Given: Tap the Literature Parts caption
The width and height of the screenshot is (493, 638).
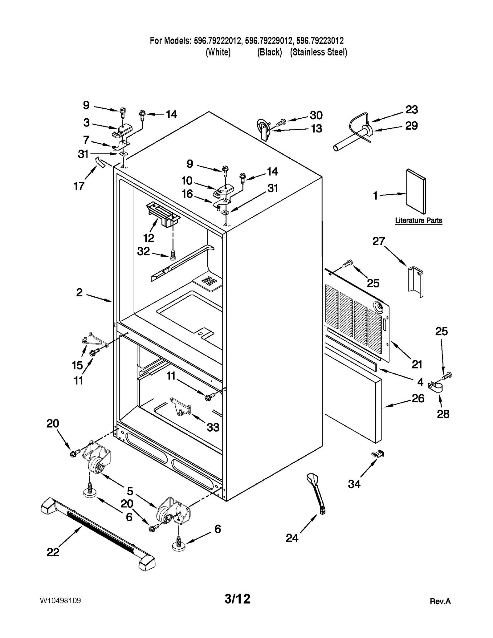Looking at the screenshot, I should [x=418, y=220].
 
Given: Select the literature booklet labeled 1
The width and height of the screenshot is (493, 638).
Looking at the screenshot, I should [x=416, y=191].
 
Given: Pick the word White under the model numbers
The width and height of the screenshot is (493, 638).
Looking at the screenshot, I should [x=218, y=52].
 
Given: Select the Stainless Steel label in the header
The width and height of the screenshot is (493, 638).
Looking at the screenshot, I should [x=319, y=52].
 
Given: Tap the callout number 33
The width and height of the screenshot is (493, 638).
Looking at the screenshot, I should [x=213, y=427].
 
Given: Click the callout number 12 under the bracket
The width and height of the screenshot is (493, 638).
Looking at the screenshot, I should [x=149, y=238].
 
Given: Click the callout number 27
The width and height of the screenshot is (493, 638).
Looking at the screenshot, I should [x=379, y=241].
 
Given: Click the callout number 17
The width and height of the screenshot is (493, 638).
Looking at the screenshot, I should [x=79, y=186].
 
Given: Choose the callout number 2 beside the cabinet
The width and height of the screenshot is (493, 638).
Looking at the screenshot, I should [x=79, y=292].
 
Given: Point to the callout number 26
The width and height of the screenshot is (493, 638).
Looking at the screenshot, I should [x=418, y=398].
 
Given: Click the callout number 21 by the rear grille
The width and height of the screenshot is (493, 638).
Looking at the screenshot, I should [x=417, y=364].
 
